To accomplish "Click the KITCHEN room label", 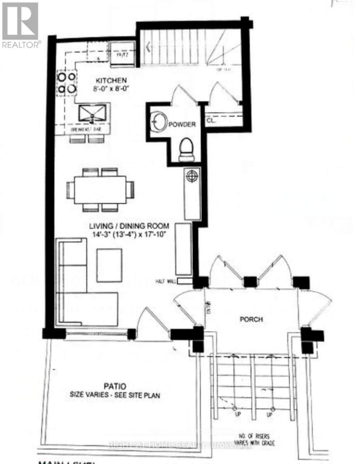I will tap(111, 80).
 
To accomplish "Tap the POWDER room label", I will tap(184, 125).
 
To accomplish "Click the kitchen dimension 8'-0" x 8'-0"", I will tap(111, 88).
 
